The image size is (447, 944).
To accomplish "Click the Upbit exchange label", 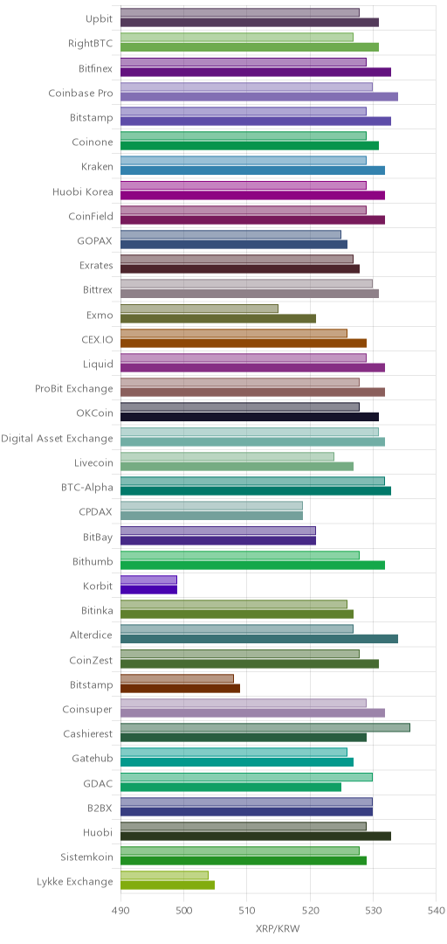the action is tap(99, 18).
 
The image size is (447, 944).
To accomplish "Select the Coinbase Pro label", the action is tap(80, 93).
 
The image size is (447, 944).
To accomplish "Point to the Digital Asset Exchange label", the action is tap(57, 438).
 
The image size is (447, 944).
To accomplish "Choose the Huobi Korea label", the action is tap(82, 191).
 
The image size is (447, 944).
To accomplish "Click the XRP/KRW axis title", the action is tap(278, 928).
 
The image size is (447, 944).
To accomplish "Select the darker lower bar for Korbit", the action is tap(148, 589).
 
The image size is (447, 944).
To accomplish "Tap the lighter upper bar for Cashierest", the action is tap(265, 727).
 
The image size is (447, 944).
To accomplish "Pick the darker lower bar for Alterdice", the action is tap(259, 639).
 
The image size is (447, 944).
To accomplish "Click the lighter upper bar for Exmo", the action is tap(199, 309).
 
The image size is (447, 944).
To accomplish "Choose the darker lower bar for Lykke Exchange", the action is tap(168, 885).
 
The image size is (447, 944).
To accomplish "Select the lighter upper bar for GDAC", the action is tap(247, 777).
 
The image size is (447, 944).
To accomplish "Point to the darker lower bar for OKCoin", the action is tap(250, 417).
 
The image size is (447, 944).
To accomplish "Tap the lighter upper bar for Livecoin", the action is tap(227, 456).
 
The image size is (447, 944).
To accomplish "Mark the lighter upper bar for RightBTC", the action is tap(237, 38).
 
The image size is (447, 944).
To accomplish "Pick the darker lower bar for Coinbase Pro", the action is tap(259, 96).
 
